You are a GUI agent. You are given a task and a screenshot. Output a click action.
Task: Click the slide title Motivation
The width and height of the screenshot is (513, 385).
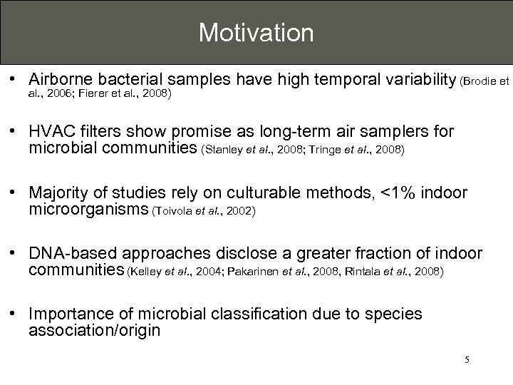coord(256,32)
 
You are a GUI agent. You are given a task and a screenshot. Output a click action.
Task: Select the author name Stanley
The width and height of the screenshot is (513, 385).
coord(222,150)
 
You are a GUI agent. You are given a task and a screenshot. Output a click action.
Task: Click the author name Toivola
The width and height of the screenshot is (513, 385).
coord(172,210)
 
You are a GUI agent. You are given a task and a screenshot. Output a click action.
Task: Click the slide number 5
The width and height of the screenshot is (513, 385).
coord(467,361)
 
